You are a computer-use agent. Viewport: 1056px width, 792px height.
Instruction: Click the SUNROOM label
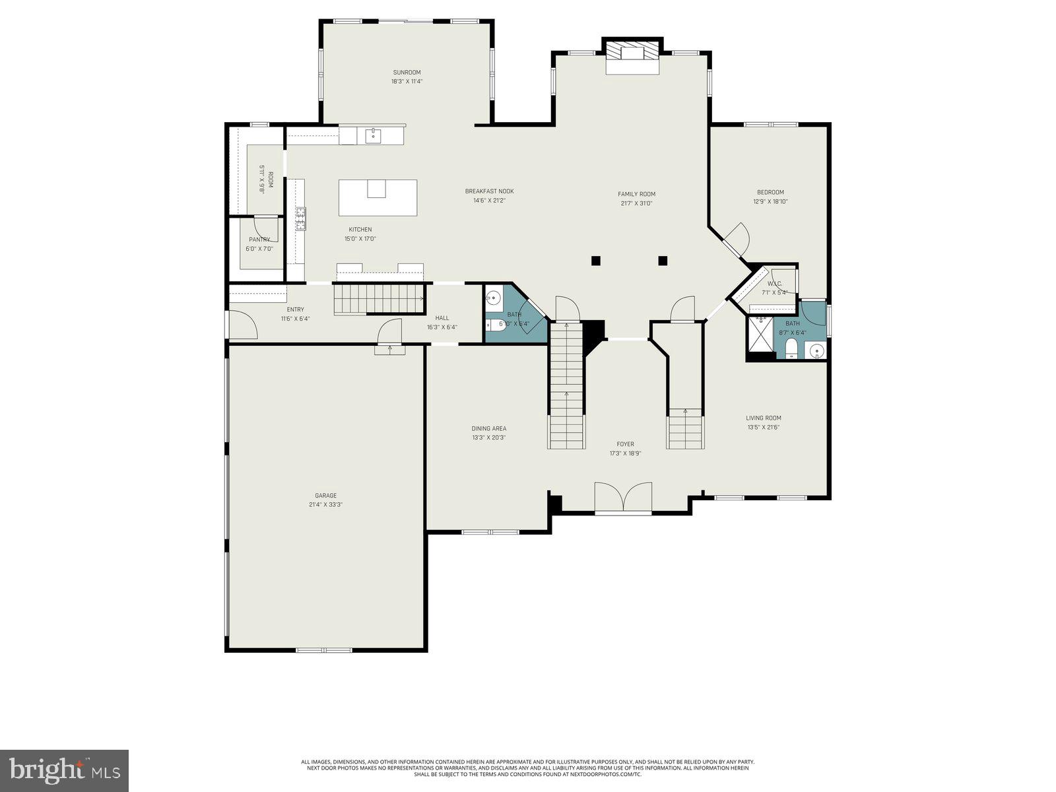[407, 73]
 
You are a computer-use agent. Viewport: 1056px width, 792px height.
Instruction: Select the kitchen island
[378, 197]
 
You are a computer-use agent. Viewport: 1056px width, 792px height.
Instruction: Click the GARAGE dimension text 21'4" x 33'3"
[325, 505]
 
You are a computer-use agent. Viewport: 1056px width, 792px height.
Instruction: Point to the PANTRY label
[259, 240]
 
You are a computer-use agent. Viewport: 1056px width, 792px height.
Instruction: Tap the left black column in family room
[596, 260]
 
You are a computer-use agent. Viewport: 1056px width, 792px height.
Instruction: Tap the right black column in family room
[663, 260]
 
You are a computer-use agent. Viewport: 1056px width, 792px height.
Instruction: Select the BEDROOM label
[770, 192]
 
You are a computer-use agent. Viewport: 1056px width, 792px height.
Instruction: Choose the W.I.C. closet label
[775, 284]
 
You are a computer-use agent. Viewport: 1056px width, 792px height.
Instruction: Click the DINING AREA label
[489, 428]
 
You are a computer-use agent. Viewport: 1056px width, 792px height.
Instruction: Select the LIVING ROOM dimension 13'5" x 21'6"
[764, 427]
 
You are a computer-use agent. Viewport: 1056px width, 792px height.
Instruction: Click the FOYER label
[625, 444]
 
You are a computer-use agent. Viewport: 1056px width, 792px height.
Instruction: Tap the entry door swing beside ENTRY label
[243, 325]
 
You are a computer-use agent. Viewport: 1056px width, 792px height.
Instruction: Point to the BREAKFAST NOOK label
[489, 191]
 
